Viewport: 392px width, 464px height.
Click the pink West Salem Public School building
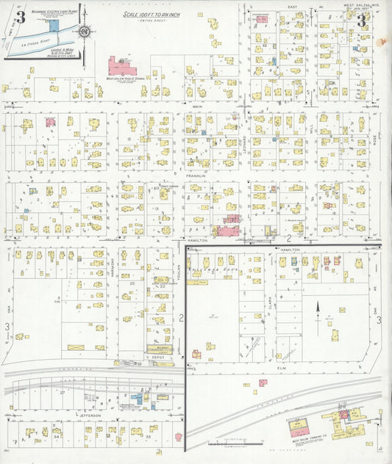click(x=122, y=67)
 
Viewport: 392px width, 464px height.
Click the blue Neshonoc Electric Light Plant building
click(x=45, y=26)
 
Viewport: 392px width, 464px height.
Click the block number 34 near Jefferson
click(x=56, y=435)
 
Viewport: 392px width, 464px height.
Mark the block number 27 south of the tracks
click(x=63, y=393)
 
